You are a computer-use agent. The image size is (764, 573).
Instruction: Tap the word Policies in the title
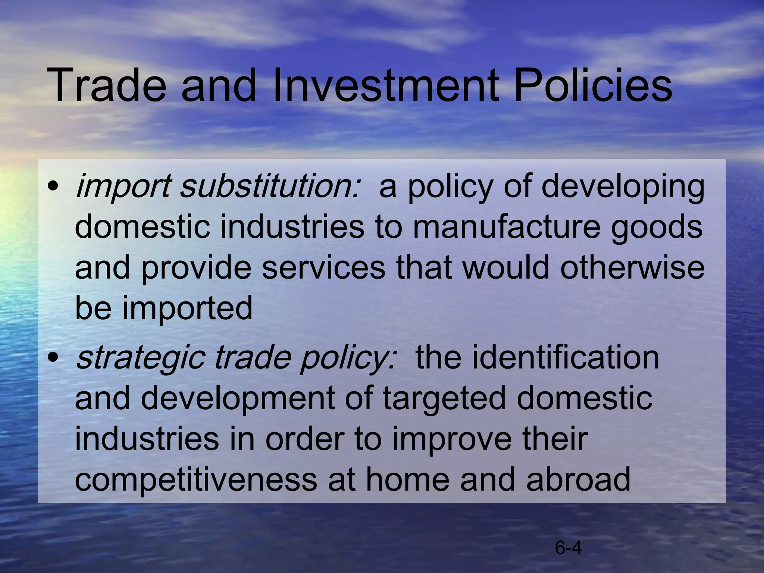click(x=593, y=85)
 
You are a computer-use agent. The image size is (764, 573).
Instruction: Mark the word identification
click(x=537, y=357)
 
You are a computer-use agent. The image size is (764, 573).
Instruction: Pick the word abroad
click(x=578, y=479)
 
